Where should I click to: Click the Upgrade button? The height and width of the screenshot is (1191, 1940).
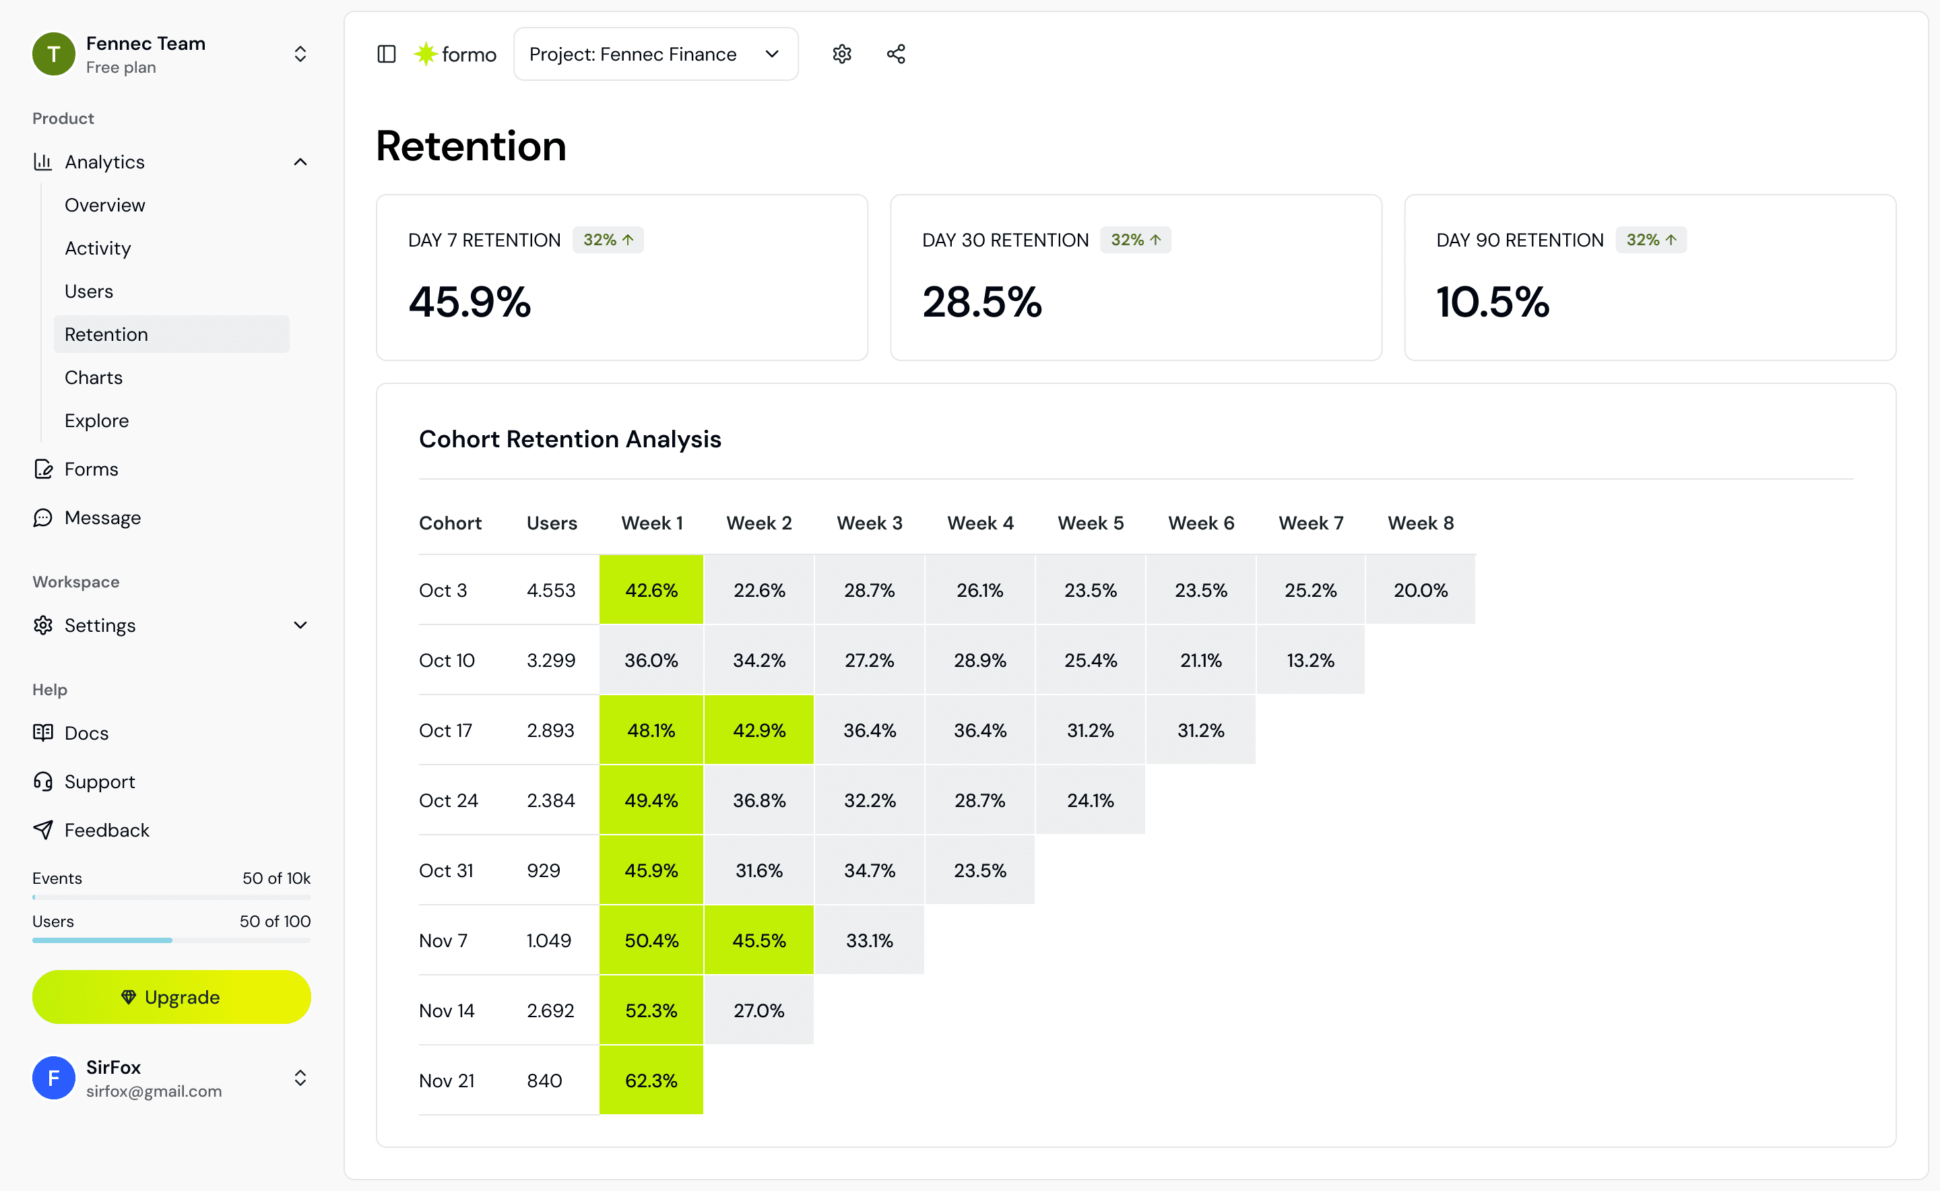pyautogui.click(x=171, y=996)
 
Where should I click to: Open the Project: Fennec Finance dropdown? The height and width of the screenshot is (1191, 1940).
pyautogui.click(x=655, y=54)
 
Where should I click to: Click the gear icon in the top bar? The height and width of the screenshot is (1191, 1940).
pyautogui.click(x=842, y=54)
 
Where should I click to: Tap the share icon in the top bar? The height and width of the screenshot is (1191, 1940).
pyautogui.click(x=896, y=54)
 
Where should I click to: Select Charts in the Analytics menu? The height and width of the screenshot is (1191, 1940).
pyautogui.click(x=94, y=377)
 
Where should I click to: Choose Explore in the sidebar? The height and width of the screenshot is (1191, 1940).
pyautogui.click(x=97, y=420)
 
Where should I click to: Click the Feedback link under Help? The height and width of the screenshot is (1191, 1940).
pyautogui.click(x=106, y=830)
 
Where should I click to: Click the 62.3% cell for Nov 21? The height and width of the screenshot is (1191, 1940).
pyautogui.click(x=651, y=1080)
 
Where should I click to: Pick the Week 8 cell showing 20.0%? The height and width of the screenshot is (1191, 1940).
pyautogui.click(x=1420, y=590)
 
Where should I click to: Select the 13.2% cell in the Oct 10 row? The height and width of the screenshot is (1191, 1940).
pyautogui.click(x=1310, y=660)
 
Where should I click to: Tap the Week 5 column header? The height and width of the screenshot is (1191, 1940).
pyautogui.click(x=1090, y=523)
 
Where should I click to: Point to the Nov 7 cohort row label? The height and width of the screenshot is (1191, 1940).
pyautogui.click(x=443, y=940)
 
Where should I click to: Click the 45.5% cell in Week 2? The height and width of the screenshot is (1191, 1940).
pyautogui.click(x=758, y=940)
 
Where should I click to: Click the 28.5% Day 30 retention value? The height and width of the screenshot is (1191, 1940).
pyautogui.click(x=981, y=302)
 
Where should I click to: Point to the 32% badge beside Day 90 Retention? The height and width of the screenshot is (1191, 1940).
pyautogui.click(x=1651, y=239)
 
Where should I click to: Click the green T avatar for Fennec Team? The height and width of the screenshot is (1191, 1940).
pyautogui.click(x=54, y=54)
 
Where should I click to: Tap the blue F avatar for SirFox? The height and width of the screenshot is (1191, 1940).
pyautogui.click(x=54, y=1078)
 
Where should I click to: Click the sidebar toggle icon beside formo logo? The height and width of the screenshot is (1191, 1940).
pyautogui.click(x=386, y=54)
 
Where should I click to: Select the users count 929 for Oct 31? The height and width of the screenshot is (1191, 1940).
pyautogui.click(x=544, y=870)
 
